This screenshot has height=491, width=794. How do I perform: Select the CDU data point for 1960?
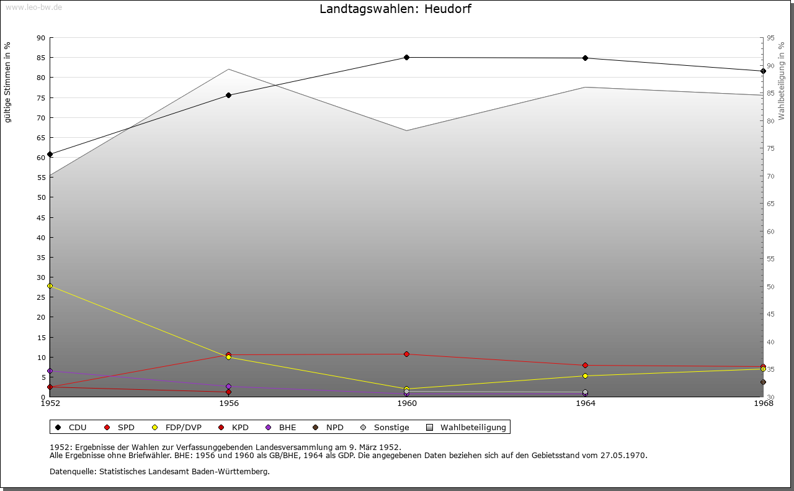[x=407, y=58]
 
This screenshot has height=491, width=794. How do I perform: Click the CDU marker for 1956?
[x=228, y=96]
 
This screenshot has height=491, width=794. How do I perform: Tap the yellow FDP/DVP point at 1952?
[x=50, y=286]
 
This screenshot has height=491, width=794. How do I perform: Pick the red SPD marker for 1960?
[x=407, y=354]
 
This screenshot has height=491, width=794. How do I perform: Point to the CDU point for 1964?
[x=585, y=58]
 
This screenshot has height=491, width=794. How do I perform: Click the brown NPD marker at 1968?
[x=763, y=382]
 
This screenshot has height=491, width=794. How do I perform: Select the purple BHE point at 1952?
[x=50, y=371]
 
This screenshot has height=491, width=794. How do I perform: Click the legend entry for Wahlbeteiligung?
[x=473, y=428]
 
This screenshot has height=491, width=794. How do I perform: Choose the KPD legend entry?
[x=239, y=428]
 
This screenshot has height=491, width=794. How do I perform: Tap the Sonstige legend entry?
[x=391, y=428]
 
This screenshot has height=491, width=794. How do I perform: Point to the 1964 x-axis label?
[x=585, y=403]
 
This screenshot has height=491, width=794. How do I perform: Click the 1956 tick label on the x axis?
[x=229, y=403]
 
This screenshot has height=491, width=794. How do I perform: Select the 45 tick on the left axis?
[x=41, y=218]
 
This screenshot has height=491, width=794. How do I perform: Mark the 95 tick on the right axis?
[x=770, y=38]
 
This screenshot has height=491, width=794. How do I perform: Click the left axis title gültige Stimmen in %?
[x=7, y=83]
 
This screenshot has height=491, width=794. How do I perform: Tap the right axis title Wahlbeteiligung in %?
[x=782, y=81]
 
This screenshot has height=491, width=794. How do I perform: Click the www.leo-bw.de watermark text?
[x=33, y=7]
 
